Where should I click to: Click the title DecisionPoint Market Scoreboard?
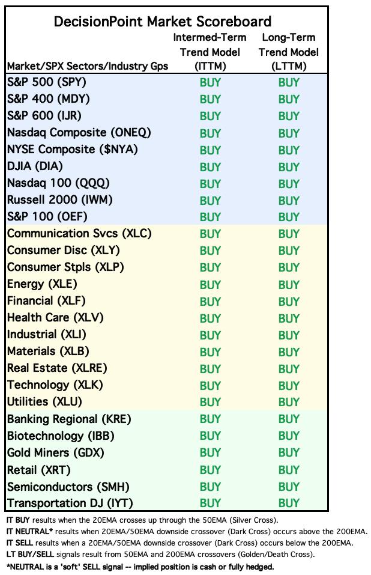pyautogui.click(x=163, y=22)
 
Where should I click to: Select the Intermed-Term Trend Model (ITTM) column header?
pyautogui.click(x=210, y=52)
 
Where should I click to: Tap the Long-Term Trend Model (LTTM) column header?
pyautogui.click(x=289, y=52)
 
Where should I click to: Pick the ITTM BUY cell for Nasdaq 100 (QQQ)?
pyautogui.click(x=210, y=183)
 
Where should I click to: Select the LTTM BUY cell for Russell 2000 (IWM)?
pyautogui.click(x=289, y=200)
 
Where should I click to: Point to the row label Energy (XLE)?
pyautogui.click(x=42, y=284)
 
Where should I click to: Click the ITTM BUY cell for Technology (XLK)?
pyautogui.click(x=210, y=385)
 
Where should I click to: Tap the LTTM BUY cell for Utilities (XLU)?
pyautogui.click(x=289, y=402)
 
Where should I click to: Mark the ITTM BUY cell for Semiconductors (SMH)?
pyautogui.click(x=210, y=486)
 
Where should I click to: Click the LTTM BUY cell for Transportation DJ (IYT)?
pyautogui.click(x=289, y=503)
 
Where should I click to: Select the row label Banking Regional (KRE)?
pyautogui.click(x=69, y=419)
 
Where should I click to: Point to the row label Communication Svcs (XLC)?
pyautogui.click(x=79, y=234)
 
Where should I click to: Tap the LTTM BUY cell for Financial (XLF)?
pyautogui.click(x=289, y=301)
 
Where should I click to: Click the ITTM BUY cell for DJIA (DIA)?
pyautogui.click(x=210, y=166)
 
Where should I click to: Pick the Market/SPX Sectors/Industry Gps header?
pyautogui.click(x=88, y=66)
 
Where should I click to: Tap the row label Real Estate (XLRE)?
pyautogui.click(x=57, y=368)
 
